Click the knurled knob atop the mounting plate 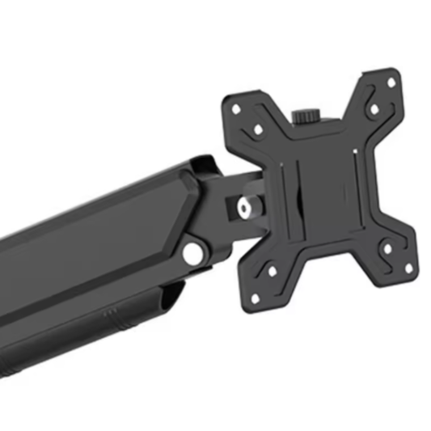[306, 117]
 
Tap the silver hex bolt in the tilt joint [243, 208]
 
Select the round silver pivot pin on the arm [192, 253]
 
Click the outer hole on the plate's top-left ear [236, 108]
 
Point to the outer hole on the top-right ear [391, 83]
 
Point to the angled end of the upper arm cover [194, 182]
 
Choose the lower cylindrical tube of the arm [81, 332]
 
